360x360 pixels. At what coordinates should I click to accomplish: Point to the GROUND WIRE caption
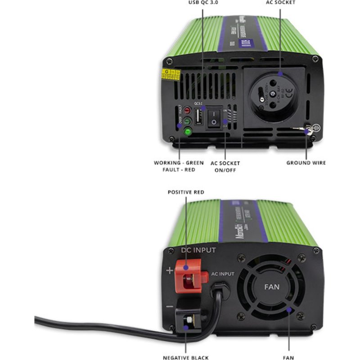pos(306,162)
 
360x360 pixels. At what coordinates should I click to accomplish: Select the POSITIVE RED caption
pos(186,192)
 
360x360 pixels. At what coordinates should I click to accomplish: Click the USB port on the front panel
pos(198,117)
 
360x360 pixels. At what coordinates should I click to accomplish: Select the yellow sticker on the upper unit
pos(171,74)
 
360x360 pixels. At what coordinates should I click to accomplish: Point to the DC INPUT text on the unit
pos(198,250)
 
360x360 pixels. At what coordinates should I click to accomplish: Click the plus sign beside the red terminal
pos(169,270)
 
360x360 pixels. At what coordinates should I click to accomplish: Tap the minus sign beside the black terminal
pos(169,307)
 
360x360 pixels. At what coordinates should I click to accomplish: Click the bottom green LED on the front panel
pos(186,132)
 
